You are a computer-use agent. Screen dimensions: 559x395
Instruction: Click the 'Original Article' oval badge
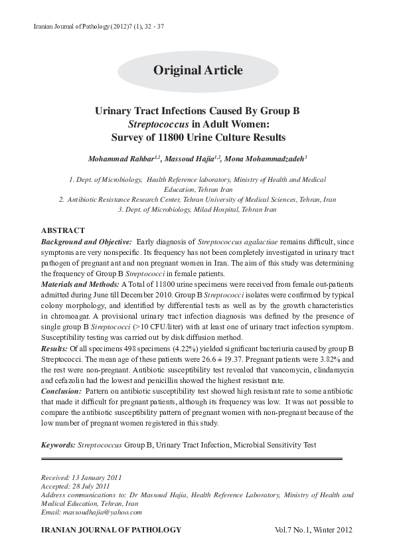point(198,70)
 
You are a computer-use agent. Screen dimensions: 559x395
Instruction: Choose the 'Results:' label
point(54,348)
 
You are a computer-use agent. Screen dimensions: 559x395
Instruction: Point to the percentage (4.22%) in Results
point(171,348)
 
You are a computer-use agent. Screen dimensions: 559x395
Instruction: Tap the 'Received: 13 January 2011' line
point(81,477)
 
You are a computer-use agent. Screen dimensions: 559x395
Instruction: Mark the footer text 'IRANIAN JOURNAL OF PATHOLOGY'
point(111,530)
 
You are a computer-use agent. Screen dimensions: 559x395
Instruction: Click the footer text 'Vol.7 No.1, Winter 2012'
point(313,530)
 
